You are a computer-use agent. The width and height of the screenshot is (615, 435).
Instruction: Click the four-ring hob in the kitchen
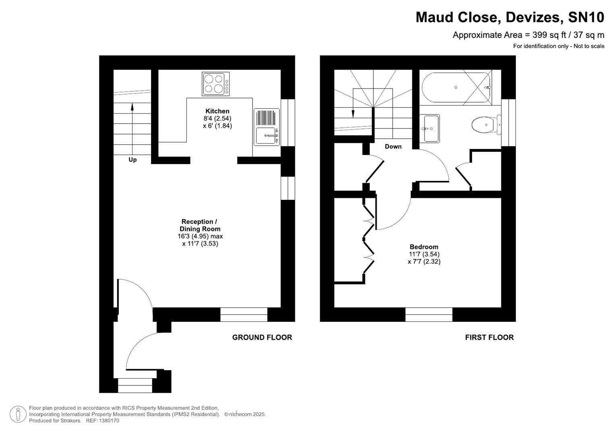(215, 84)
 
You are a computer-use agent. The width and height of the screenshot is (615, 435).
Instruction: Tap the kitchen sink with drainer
(266, 126)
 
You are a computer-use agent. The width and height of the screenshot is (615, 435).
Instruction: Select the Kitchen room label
(217, 111)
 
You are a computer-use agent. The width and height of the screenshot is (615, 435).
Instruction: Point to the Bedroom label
(424, 247)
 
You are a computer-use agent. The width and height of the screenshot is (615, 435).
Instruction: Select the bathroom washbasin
(429, 128)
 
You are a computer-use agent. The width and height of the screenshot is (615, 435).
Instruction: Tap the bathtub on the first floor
(456, 87)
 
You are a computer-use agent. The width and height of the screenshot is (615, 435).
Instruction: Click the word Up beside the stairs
(133, 160)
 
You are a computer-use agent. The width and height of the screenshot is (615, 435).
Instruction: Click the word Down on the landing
(393, 147)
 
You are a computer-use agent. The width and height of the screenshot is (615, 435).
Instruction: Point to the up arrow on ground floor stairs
(132, 107)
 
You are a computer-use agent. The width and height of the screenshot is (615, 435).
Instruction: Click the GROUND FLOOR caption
(262, 338)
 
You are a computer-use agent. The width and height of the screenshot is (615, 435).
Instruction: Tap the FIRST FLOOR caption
(489, 338)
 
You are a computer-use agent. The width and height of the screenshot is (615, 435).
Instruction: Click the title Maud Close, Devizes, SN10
(509, 17)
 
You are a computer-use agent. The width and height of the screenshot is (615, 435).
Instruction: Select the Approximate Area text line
(528, 35)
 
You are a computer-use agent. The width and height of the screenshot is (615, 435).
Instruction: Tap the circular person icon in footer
(18, 414)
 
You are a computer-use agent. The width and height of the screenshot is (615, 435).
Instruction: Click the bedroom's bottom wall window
(429, 315)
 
